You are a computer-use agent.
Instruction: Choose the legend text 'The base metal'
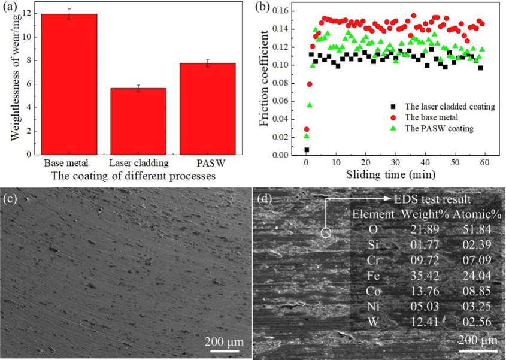coord(434,117)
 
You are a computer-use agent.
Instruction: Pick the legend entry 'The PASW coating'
coord(440,128)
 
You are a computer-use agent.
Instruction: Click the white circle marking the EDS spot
coord(325,233)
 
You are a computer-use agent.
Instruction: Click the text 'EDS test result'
coord(433,199)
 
